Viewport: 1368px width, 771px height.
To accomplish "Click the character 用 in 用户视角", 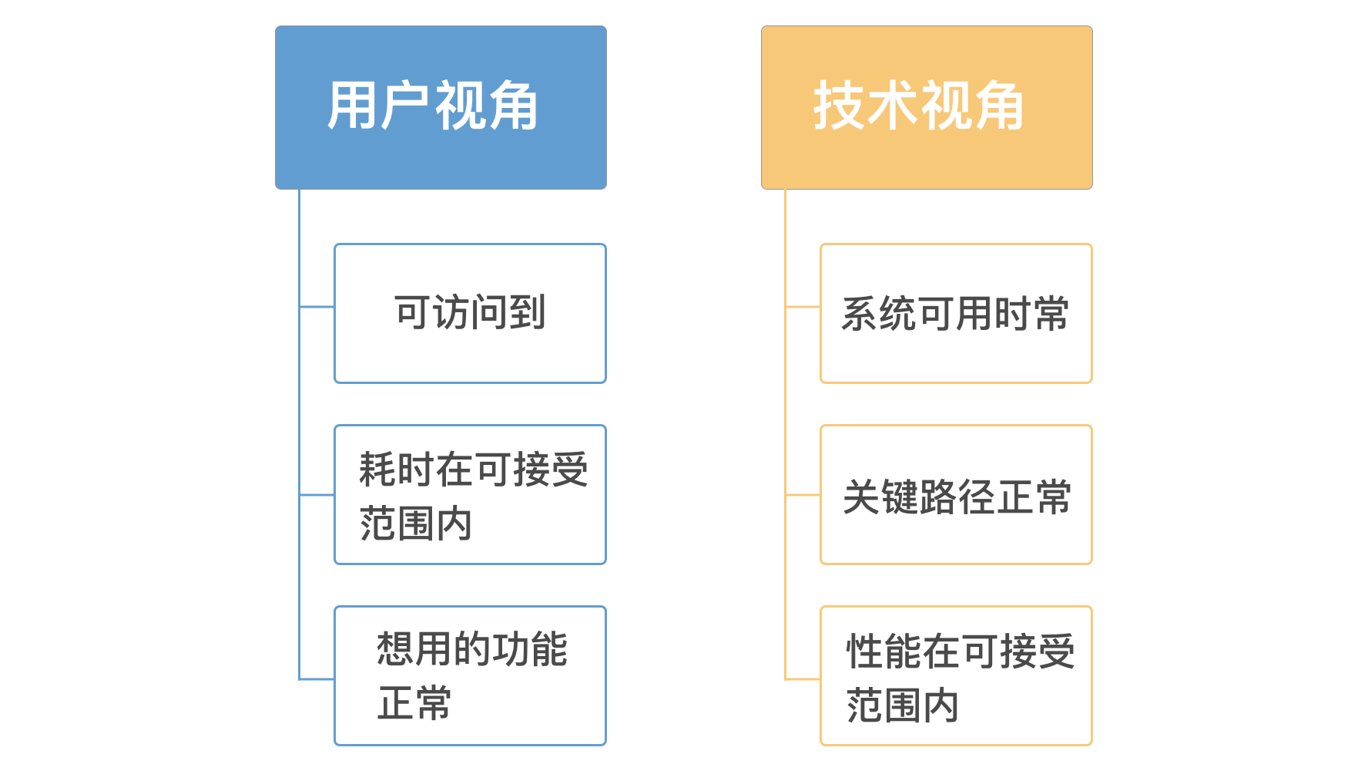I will (x=351, y=106).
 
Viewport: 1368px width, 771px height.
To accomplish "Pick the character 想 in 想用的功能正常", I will (x=394, y=648).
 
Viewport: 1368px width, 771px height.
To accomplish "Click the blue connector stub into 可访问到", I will (x=317, y=307).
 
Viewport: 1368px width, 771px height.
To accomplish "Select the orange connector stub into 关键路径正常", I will (x=803, y=495).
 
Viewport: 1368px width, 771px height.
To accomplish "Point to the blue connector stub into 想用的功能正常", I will (x=317, y=679).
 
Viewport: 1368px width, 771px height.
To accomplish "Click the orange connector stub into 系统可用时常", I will (x=803, y=307).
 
